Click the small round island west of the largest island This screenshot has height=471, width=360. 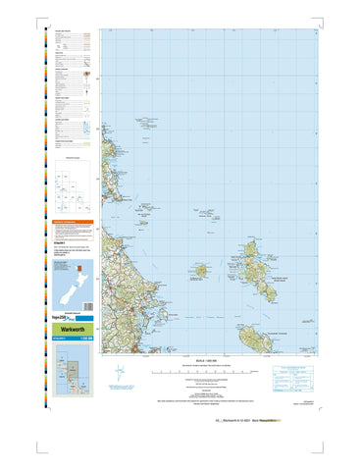click(200, 270)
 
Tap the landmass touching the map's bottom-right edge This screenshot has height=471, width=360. click(252, 339)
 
